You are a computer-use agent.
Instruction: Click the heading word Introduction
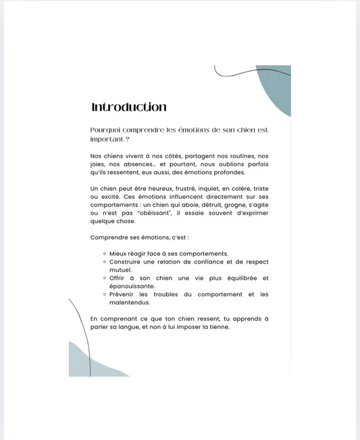[x=128, y=107]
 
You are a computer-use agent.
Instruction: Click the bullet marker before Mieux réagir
[x=104, y=253]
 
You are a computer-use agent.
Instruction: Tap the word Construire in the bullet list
[x=126, y=262]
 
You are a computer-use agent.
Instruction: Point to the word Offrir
[x=118, y=278]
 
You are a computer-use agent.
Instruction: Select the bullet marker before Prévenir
[x=104, y=294]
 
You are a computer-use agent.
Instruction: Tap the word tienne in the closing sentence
[x=217, y=326]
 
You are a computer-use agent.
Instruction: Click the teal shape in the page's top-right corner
[x=279, y=89]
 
